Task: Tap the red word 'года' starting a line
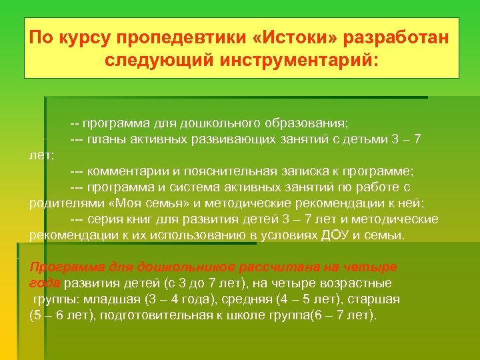tap(44, 283)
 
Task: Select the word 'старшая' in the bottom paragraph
tap(376, 298)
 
